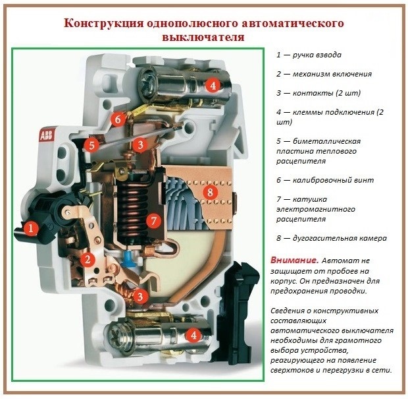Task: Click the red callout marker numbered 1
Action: pos(31,228)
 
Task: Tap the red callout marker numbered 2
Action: pos(88,259)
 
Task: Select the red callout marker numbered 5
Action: pos(91,145)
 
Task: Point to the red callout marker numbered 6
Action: pos(118,119)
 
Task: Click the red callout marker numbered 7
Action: pos(154,221)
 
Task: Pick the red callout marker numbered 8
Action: pos(210,193)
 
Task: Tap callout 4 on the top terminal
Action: pos(213,85)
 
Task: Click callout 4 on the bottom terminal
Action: pos(193,335)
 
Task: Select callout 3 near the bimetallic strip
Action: pos(140,144)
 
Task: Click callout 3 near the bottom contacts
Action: pos(140,296)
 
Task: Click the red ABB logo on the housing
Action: pos(46,135)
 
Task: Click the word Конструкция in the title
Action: pos(104,23)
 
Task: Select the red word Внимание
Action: pos(295,261)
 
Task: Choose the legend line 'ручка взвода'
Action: pos(309,55)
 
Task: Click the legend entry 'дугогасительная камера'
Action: pos(332,238)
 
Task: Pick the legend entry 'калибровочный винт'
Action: pos(325,180)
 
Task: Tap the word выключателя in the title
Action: pos(203,37)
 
